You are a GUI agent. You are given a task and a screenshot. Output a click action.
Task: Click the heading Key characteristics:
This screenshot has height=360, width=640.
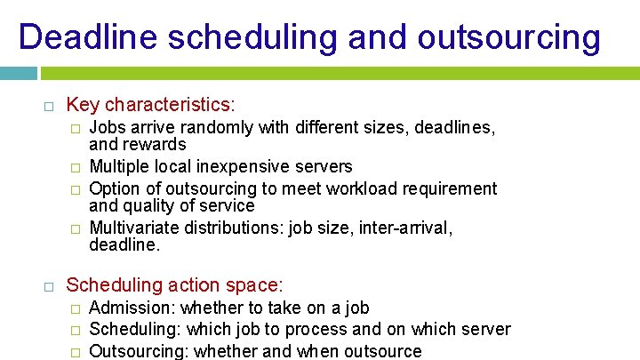(x=151, y=105)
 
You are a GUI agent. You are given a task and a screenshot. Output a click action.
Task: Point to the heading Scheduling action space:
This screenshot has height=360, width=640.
(x=175, y=285)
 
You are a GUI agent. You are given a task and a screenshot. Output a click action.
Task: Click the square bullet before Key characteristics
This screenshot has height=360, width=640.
(x=49, y=106)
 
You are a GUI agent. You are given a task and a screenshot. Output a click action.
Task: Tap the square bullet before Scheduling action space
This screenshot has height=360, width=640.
(x=49, y=286)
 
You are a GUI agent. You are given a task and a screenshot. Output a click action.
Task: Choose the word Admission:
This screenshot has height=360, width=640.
(x=132, y=308)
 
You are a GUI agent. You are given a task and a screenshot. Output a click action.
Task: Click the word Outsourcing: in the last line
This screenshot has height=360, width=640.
(x=139, y=351)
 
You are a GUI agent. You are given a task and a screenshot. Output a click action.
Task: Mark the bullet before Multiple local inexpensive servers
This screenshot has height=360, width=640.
(x=76, y=167)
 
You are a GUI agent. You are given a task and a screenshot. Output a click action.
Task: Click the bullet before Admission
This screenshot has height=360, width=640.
(x=76, y=308)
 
